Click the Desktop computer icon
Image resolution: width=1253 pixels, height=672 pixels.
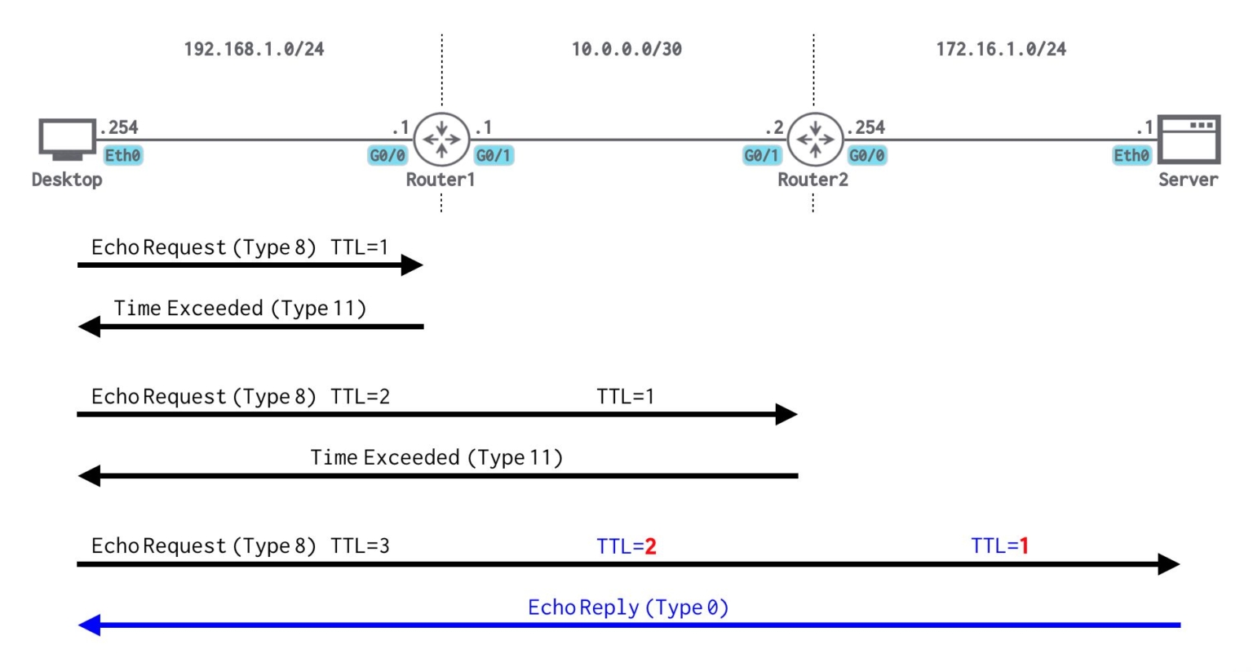click(x=67, y=140)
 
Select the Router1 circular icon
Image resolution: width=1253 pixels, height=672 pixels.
click(x=441, y=140)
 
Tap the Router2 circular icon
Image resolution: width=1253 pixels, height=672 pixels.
click(x=814, y=140)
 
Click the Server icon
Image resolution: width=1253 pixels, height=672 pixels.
click(x=1189, y=140)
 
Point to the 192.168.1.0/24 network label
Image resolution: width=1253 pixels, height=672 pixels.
click(x=254, y=49)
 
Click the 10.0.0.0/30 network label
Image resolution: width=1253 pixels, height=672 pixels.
click(x=626, y=49)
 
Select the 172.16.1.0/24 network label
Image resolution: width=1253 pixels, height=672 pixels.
click(x=1000, y=49)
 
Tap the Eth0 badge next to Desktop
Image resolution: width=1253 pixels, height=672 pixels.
click(x=122, y=155)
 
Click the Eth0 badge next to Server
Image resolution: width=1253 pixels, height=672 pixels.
click(x=1131, y=155)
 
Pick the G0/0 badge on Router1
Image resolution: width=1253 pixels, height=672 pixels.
click(x=387, y=155)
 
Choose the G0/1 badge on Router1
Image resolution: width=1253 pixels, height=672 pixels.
click(x=494, y=155)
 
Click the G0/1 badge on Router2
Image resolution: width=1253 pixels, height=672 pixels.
click(x=762, y=155)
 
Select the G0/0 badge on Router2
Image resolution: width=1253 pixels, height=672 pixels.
click(x=866, y=155)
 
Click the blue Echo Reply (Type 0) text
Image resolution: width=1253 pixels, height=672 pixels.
click(x=627, y=607)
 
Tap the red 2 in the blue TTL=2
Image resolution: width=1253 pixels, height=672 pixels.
click(x=650, y=546)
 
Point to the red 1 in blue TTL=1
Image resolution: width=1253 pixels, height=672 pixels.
click(x=1024, y=546)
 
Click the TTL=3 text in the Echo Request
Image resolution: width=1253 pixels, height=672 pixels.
click(x=360, y=546)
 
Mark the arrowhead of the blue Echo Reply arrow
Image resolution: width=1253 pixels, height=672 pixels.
click(x=89, y=625)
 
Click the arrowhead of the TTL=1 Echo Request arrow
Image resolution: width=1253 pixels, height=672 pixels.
click(x=412, y=265)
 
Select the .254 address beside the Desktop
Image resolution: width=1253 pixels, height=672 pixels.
click(x=119, y=127)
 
